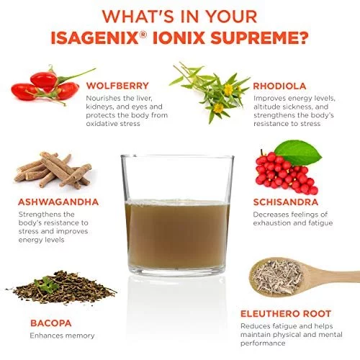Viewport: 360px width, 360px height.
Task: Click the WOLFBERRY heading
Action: coord(117,86)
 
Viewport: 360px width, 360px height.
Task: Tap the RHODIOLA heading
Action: coord(279,86)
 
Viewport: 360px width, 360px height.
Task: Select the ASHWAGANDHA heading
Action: coord(58,202)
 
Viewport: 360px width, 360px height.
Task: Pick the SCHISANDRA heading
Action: coord(286,202)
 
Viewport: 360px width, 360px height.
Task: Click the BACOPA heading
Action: coord(51,323)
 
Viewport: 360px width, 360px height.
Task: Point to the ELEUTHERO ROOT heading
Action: coord(286,313)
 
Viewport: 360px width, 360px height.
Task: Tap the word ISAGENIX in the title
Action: coord(95,37)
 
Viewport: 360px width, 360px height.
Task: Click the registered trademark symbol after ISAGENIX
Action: coord(143,35)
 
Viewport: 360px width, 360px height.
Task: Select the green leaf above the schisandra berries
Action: coord(297,153)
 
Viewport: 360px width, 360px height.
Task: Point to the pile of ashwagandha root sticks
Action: coord(53,170)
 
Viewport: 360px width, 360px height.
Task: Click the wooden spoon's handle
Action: coord(333,275)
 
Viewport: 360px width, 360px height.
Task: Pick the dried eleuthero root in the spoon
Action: coord(278,276)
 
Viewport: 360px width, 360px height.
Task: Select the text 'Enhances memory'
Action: coord(62,336)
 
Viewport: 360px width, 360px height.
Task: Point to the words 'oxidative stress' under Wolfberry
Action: coord(113,124)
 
